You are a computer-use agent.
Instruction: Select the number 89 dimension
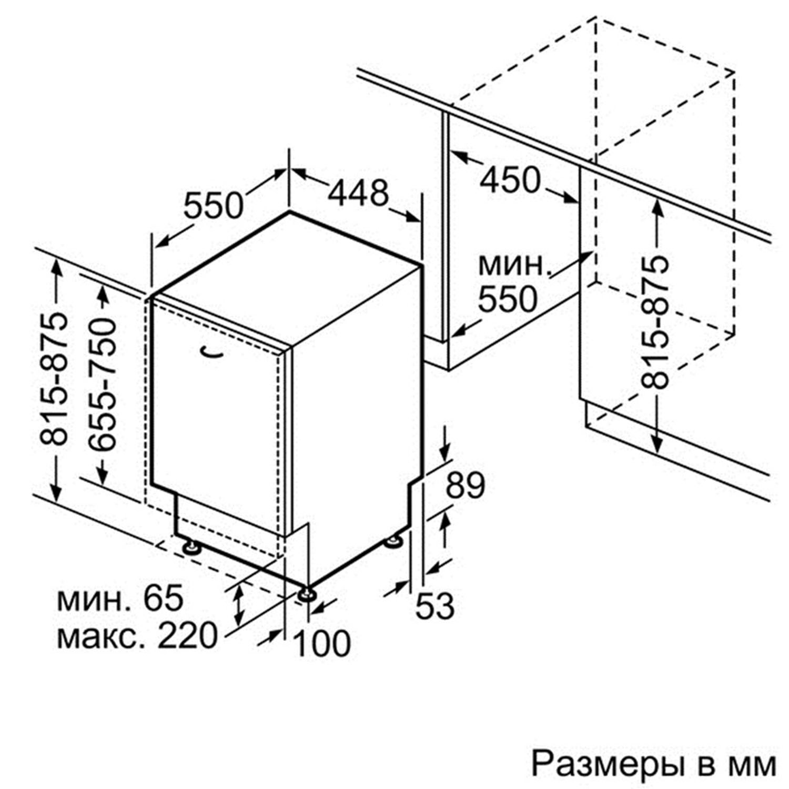pos(465,485)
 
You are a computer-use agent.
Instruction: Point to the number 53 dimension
pos(435,605)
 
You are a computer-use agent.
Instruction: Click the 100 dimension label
pos(322,643)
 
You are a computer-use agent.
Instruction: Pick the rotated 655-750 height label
pos(102,385)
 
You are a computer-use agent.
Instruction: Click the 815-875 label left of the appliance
pos(55,379)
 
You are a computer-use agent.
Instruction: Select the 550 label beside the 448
pos(214,205)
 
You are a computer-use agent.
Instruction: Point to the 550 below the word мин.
pos(508,299)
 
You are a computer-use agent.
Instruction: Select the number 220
pos(187,635)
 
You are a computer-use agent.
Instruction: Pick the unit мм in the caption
pos(755,766)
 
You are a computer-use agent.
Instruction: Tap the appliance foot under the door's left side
pos(190,547)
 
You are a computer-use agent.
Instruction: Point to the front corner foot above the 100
pos(307,594)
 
